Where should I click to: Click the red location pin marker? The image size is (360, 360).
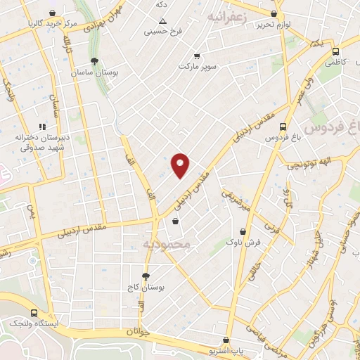point(180,165)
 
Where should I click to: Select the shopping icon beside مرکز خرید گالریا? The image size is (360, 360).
point(51,13)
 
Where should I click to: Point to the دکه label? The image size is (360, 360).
point(162,4)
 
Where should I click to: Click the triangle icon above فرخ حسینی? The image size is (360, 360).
point(162,21)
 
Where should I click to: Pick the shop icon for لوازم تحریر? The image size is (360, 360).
point(274,13)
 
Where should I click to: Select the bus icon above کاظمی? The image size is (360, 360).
point(336,51)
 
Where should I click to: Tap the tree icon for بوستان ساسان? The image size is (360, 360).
point(94,61)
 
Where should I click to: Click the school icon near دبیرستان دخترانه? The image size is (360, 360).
point(43,127)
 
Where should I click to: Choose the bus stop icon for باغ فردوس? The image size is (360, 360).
point(283,127)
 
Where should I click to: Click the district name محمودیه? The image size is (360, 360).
point(167,244)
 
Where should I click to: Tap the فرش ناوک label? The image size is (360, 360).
point(242,242)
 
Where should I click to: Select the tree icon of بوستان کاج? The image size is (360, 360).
point(146,276)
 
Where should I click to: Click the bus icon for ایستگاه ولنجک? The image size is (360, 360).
point(34,313)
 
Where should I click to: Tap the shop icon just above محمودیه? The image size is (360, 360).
point(175,221)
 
